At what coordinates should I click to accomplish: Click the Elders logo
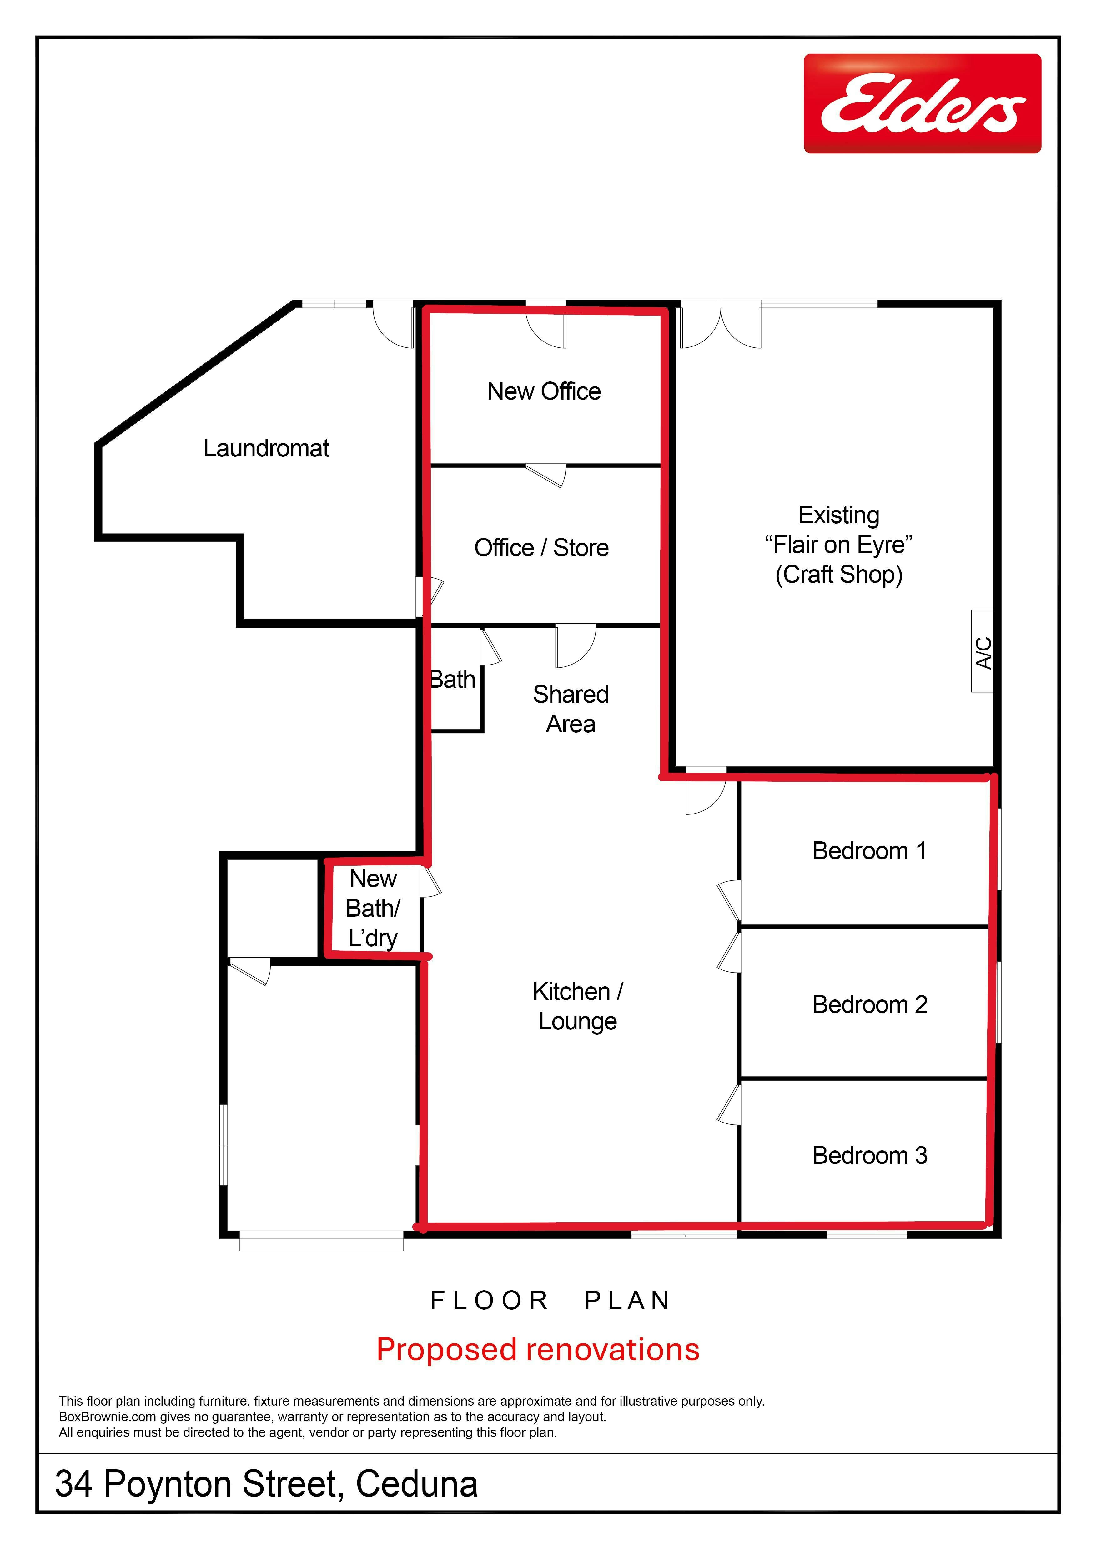(922, 103)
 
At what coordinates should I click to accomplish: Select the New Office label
(544, 391)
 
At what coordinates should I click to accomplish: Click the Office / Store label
(541, 548)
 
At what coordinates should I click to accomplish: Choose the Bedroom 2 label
(870, 1004)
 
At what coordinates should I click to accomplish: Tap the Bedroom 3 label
(870, 1156)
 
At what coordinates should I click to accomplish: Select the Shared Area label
(571, 709)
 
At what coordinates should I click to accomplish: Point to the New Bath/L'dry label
(373, 908)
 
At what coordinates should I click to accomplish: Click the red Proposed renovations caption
(538, 1349)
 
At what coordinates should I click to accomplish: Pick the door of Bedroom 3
(729, 1104)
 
